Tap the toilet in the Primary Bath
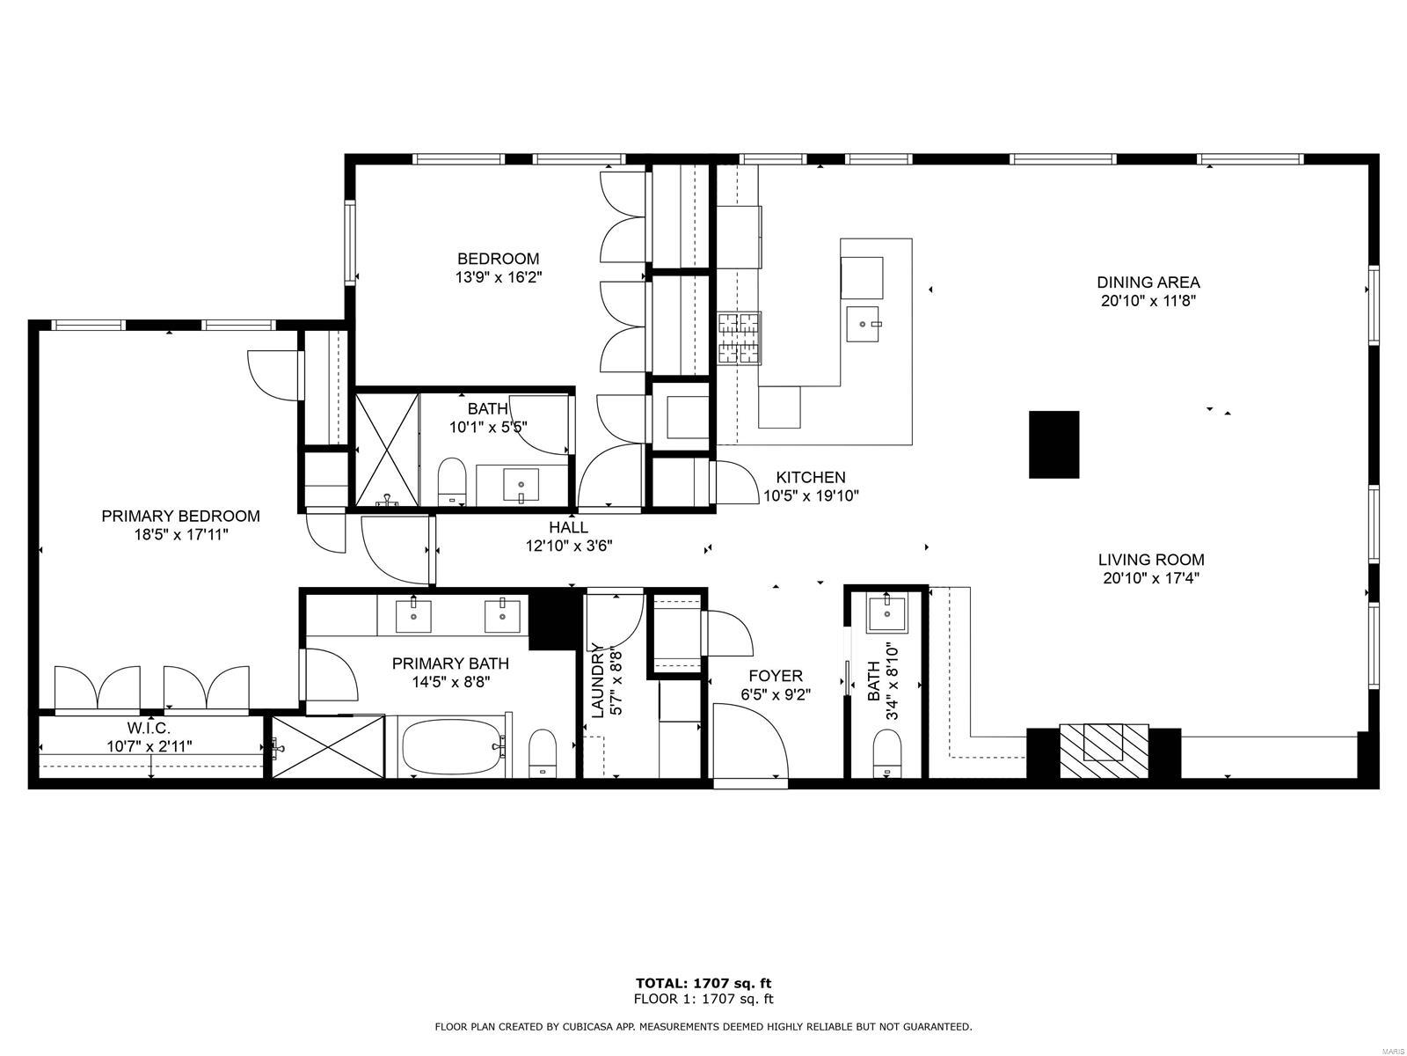[543, 752]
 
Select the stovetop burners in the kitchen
[740, 338]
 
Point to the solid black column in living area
[1053, 444]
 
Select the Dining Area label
[1148, 282]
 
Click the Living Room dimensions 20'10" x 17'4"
[1151, 578]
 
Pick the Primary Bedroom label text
[180, 516]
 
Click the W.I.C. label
[149, 728]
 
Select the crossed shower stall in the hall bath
[386, 450]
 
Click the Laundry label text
[597, 681]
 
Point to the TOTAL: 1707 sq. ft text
[703, 983]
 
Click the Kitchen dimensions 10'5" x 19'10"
[810, 495]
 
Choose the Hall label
[568, 527]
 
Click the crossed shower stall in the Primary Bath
[328, 746]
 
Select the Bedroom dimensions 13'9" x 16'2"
[498, 276]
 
